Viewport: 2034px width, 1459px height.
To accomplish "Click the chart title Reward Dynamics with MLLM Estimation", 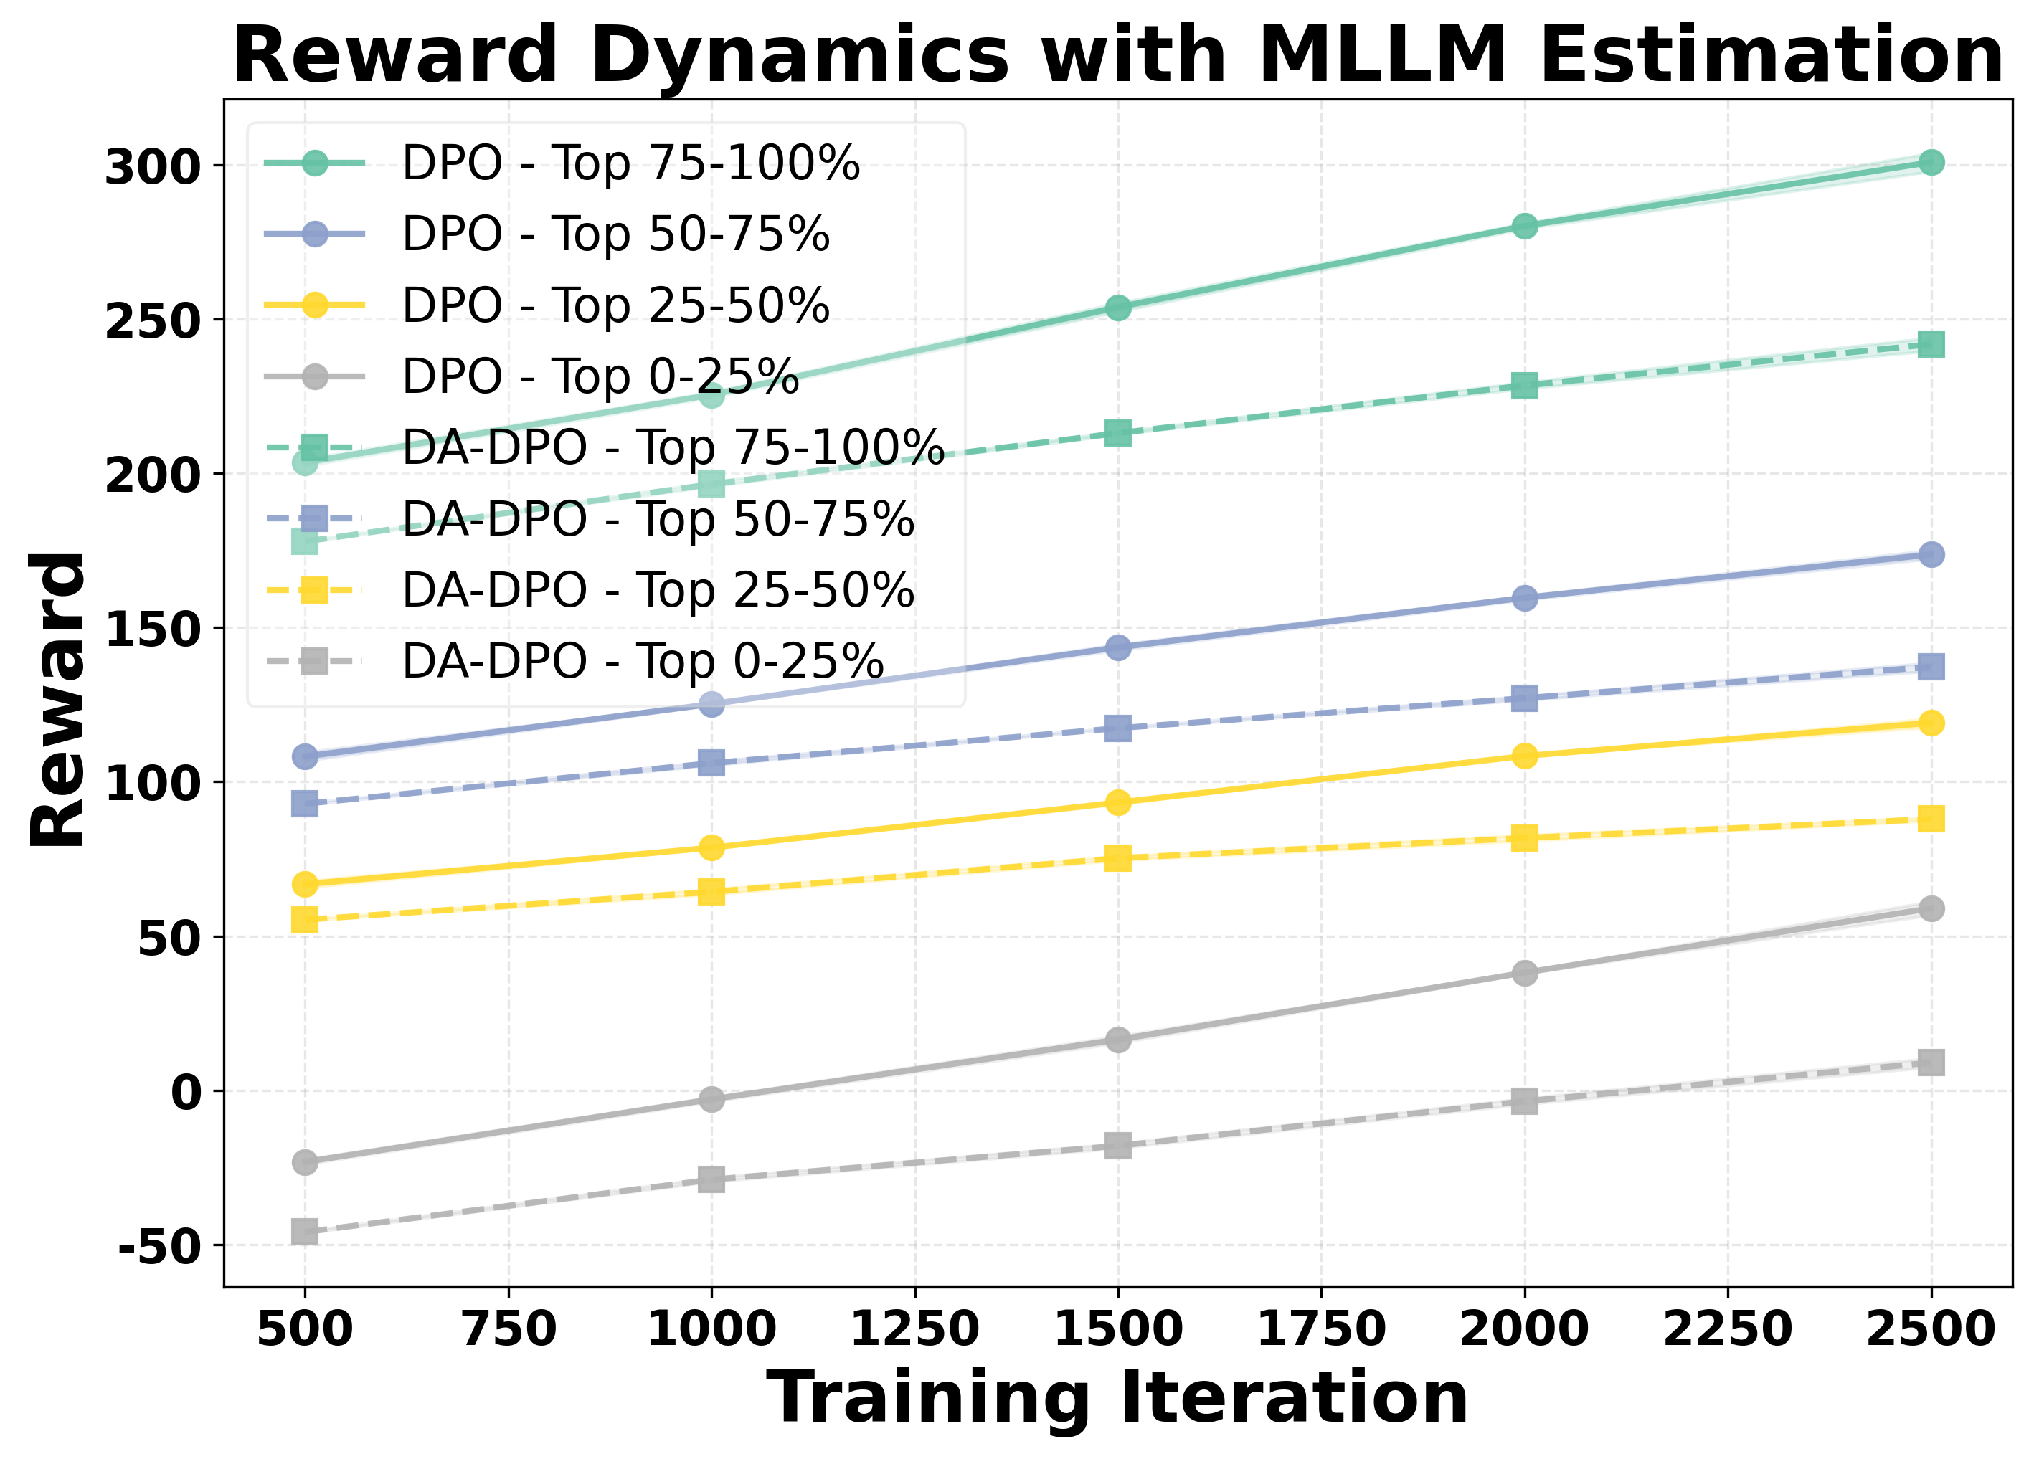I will point(1117,56).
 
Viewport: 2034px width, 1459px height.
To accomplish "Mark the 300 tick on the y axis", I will point(151,167).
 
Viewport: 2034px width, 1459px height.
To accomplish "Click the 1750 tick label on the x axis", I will point(1321,1328).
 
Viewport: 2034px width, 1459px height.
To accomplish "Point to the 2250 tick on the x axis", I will point(1727,1328).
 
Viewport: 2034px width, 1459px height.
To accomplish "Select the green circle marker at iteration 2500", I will point(1931,162).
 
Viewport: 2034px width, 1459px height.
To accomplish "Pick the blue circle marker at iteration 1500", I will point(1117,647).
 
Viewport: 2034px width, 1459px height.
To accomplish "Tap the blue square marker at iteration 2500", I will point(1931,666).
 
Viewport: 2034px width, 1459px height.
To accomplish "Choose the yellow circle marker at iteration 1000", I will point(711,847).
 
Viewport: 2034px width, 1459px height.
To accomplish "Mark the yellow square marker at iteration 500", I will point(305,920).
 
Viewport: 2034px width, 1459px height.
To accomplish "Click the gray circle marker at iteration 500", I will point(305,1162).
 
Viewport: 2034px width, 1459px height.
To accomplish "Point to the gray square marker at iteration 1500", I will point(1117,1145).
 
